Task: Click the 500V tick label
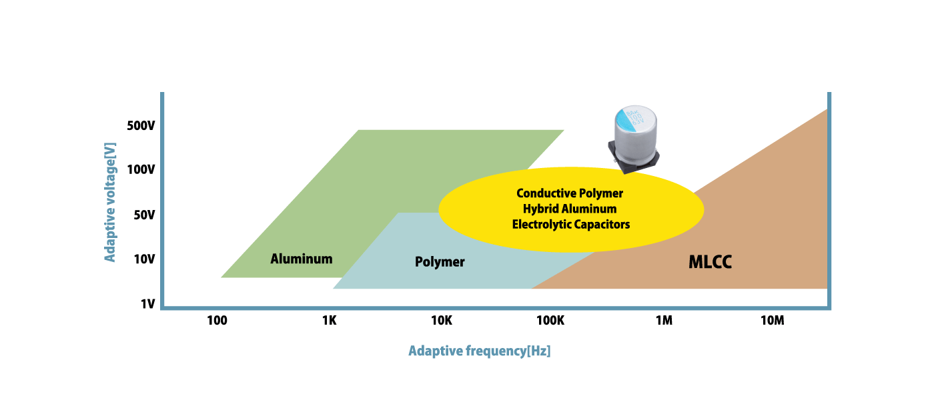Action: click(x=140, y=126)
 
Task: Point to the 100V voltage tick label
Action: click(x=140, y=170)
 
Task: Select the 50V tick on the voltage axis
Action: click(x=143, y=215)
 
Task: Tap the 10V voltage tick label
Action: click(x=143, y=259)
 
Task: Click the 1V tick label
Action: click(x=147, y=304)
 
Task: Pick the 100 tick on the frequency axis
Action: click(x=217, y=320)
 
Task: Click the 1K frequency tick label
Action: click(x=329, y=320)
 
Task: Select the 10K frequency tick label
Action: click(x=441, y=320)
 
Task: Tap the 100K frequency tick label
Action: click(x=550, y=320)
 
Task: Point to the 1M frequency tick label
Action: click(x=663, y=320)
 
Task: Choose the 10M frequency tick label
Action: click(x=772, y=320)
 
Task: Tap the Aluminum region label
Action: click(x=301, y=259)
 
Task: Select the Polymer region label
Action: click(x=440, y=262)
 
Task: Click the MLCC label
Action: click(x=710, y=263)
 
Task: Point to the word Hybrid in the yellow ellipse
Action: click(x=540, y=209)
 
